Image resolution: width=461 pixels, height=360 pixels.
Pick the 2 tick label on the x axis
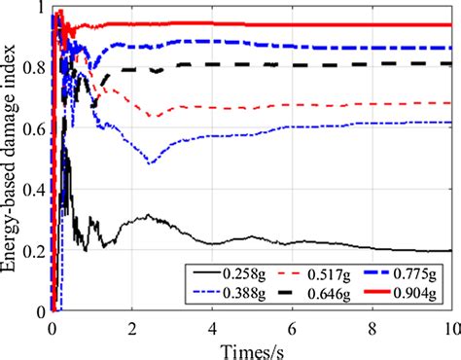pos(132,327)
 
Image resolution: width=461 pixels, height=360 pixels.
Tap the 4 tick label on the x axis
pos(212,327)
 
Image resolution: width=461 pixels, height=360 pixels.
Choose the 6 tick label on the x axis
pos(292,327)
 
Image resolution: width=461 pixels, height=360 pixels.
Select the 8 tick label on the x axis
pos(372,327)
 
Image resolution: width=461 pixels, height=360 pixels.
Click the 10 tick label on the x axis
pos(448,327)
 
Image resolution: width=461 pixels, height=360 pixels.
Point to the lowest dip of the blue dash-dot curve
pos(150,163)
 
